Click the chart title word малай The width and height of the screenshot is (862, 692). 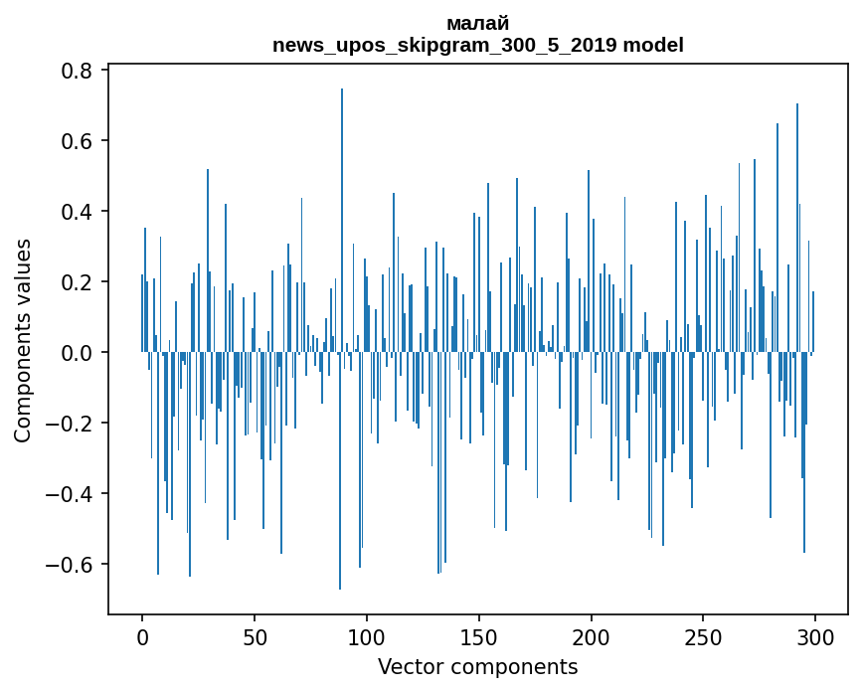coord(477,24)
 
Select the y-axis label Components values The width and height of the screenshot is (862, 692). coord(23,340)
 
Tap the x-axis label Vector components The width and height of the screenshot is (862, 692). coord(477,667)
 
